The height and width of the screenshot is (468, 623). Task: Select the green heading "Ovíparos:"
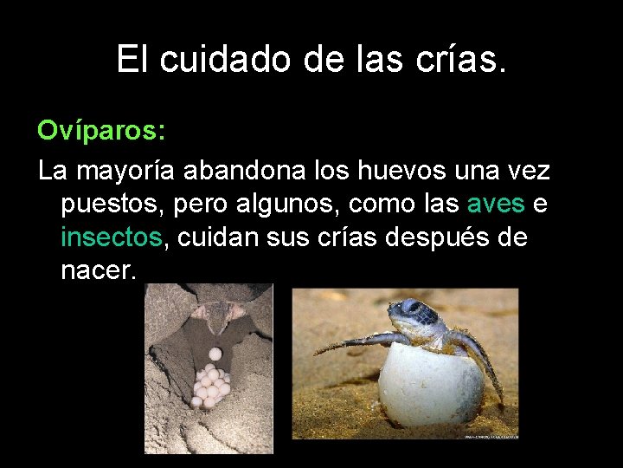point(101,132)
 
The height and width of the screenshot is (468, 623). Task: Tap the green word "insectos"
point(111,237)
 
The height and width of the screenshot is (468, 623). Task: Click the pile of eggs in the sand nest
point(210,381)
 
